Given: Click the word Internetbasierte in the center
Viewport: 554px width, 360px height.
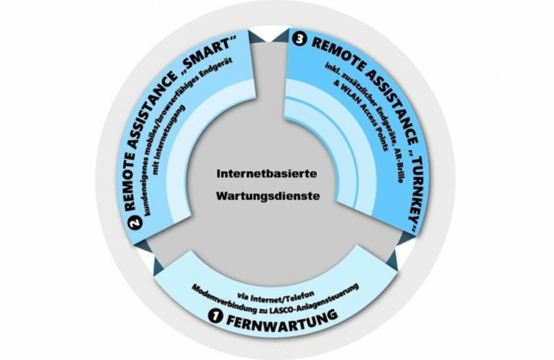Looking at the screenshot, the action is pyautogui.click(x=267, y=174).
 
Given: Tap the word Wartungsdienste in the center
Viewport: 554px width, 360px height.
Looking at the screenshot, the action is pyautogui.click(x=268, y=195).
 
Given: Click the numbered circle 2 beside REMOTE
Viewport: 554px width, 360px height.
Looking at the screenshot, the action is pyautogui.click(x=135, y=223).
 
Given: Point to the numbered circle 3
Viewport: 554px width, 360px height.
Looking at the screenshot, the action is pyautogui.click(x=299, y=40).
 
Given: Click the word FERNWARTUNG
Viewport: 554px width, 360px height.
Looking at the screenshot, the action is pyautogui.click(x=281, y=319).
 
